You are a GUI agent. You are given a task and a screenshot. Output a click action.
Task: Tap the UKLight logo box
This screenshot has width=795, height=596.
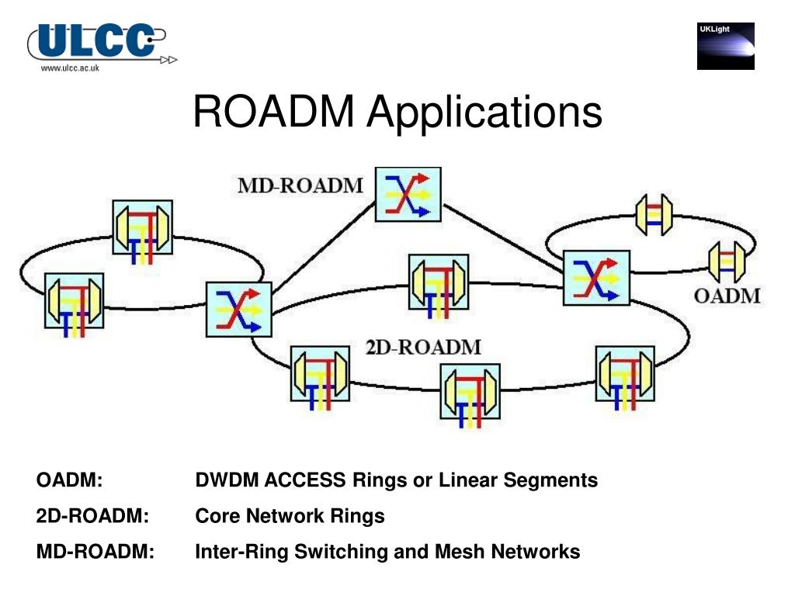point(726,46)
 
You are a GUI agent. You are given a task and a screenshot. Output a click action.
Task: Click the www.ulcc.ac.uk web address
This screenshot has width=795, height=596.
point(70,68)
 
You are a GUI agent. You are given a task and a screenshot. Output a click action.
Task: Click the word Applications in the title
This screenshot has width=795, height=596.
point(484,114)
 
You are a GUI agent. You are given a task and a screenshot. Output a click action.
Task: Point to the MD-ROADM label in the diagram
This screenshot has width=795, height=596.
point(300,185)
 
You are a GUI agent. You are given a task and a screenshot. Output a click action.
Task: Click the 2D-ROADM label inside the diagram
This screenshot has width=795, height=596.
point(423,347)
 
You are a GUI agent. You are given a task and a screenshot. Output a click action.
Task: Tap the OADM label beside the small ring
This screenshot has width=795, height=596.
point(727,296)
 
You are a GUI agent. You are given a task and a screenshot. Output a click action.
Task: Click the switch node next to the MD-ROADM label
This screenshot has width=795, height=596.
point(408,195)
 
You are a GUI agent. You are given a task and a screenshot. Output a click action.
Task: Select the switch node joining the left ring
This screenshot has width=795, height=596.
point(239,309)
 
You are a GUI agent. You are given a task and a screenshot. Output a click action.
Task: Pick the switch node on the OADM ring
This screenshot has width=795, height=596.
point(596,278)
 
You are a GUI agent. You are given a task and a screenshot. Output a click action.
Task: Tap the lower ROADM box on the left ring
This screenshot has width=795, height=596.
point(74,303)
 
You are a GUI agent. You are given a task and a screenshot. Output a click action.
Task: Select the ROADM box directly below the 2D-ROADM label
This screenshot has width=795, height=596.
point(470,393)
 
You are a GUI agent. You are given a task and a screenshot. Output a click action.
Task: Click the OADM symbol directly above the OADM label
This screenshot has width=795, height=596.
point(727,262)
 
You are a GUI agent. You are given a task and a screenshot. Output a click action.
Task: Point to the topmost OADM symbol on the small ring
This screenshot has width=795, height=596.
point(654,215)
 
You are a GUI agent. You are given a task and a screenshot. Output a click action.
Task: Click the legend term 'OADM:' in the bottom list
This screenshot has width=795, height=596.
point(69,480)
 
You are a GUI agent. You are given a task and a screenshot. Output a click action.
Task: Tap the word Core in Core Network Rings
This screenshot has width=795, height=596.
point(217,515)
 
